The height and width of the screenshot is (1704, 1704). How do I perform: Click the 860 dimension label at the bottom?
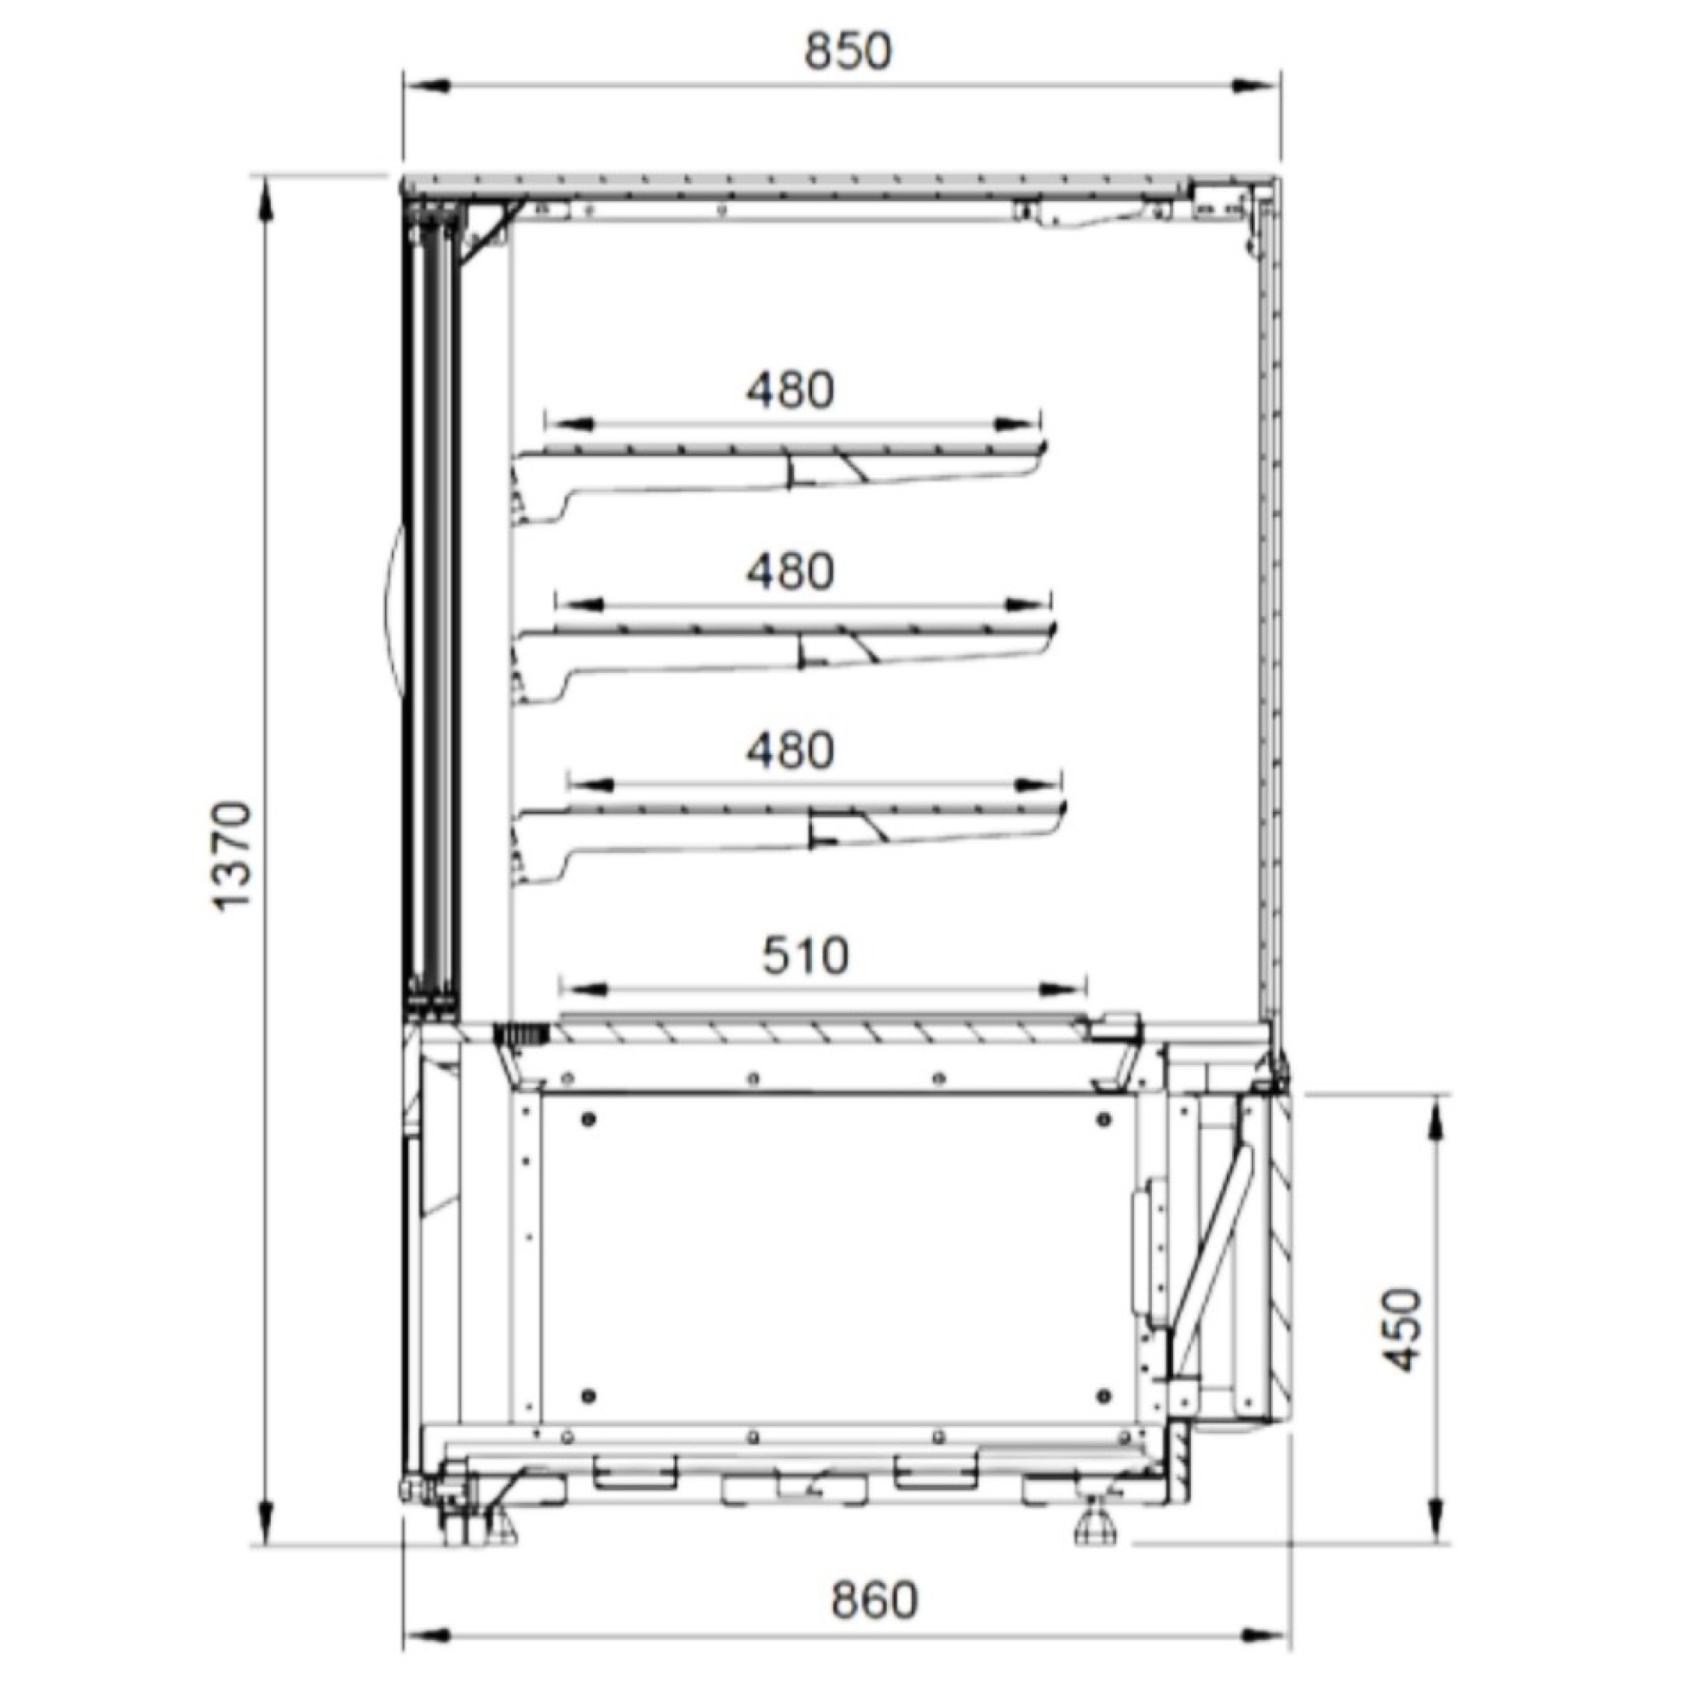[874, 1600]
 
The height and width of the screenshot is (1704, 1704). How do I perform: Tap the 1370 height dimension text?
[233, 856]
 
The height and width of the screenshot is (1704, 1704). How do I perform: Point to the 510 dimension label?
[805, 955]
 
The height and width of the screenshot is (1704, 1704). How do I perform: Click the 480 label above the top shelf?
[791, 390]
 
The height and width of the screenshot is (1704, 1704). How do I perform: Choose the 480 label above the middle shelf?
[791, 572]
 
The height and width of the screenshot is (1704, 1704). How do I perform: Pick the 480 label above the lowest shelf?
[791, 751]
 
